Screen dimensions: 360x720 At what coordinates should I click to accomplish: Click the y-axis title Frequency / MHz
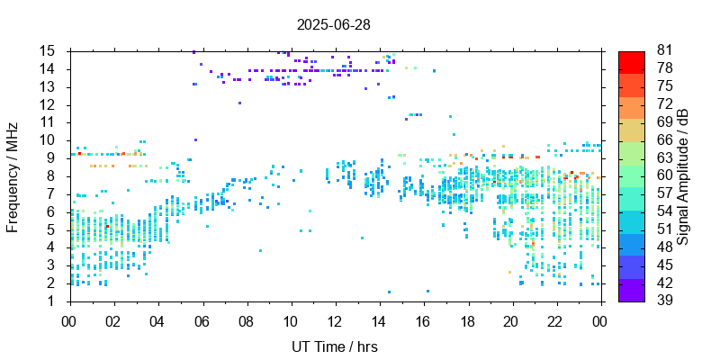point(13,175)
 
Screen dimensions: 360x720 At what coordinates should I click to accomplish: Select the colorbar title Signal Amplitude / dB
point(684,175)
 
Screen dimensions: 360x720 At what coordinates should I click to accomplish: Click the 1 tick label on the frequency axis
point(52,301)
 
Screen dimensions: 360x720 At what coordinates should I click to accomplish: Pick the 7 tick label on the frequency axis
point(52,193)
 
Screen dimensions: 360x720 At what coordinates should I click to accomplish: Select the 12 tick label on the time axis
point(335,319)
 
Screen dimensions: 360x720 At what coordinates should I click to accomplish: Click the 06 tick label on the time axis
point(202,319)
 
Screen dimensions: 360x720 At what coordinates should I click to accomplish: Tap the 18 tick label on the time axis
point(468,319)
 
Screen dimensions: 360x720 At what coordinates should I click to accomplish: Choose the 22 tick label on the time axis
point(557,319)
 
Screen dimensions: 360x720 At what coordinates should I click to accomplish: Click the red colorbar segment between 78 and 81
point(631,60)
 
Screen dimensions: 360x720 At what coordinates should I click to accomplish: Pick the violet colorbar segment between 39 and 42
point(631,291)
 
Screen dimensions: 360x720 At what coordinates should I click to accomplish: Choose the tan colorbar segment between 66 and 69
point(631,130)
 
